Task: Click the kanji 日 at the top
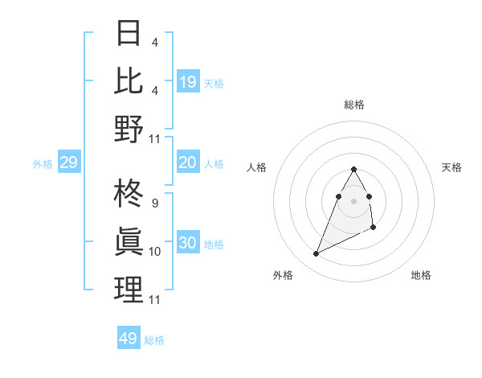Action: point(129,34)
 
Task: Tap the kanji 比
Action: point(129,81)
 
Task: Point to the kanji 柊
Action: point(129,195)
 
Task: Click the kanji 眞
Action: point(129,242)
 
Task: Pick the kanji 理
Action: point(129,290)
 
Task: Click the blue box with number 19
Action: point(188,82)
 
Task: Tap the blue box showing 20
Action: point(188,163)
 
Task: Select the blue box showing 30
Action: point(188,244)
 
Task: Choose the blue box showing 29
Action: point(68,163)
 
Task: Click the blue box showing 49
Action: point(129,339)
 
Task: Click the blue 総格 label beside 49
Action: point(154,339)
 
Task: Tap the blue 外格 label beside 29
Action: point(43,164)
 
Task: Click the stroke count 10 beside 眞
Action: point(155,252)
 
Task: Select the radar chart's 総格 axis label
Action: point(354,105)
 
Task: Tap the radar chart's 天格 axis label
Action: point(451,167)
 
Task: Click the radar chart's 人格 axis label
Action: point(257,167)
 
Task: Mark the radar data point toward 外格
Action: point(317,254)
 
